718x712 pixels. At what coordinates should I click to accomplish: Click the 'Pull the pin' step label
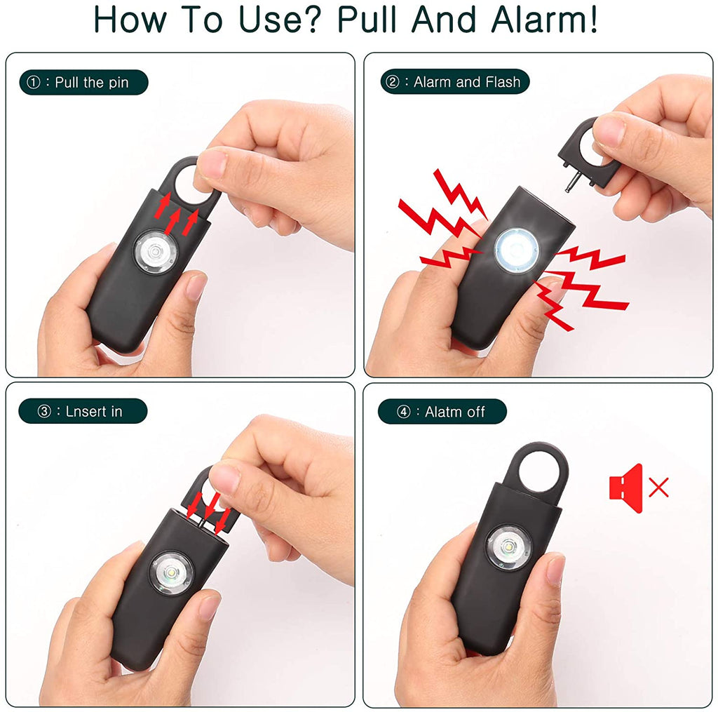[83, 83]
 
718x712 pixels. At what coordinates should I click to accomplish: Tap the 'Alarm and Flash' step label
[455, 82]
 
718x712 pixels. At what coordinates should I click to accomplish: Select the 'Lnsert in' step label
[83, 411]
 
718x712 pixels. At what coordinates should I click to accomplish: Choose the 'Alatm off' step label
[442, 412]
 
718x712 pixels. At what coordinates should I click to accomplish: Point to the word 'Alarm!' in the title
[544, 20]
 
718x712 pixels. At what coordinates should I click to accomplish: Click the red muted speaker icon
[626, 488]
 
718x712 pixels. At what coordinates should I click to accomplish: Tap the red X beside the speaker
[658, 487]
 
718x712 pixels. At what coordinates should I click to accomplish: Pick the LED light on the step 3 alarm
[171, 573]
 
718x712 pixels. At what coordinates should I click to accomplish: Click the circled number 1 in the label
[34, 83]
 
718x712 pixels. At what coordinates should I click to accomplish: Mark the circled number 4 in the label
[404, 412]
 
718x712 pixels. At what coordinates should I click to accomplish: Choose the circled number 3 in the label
[44, 411]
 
